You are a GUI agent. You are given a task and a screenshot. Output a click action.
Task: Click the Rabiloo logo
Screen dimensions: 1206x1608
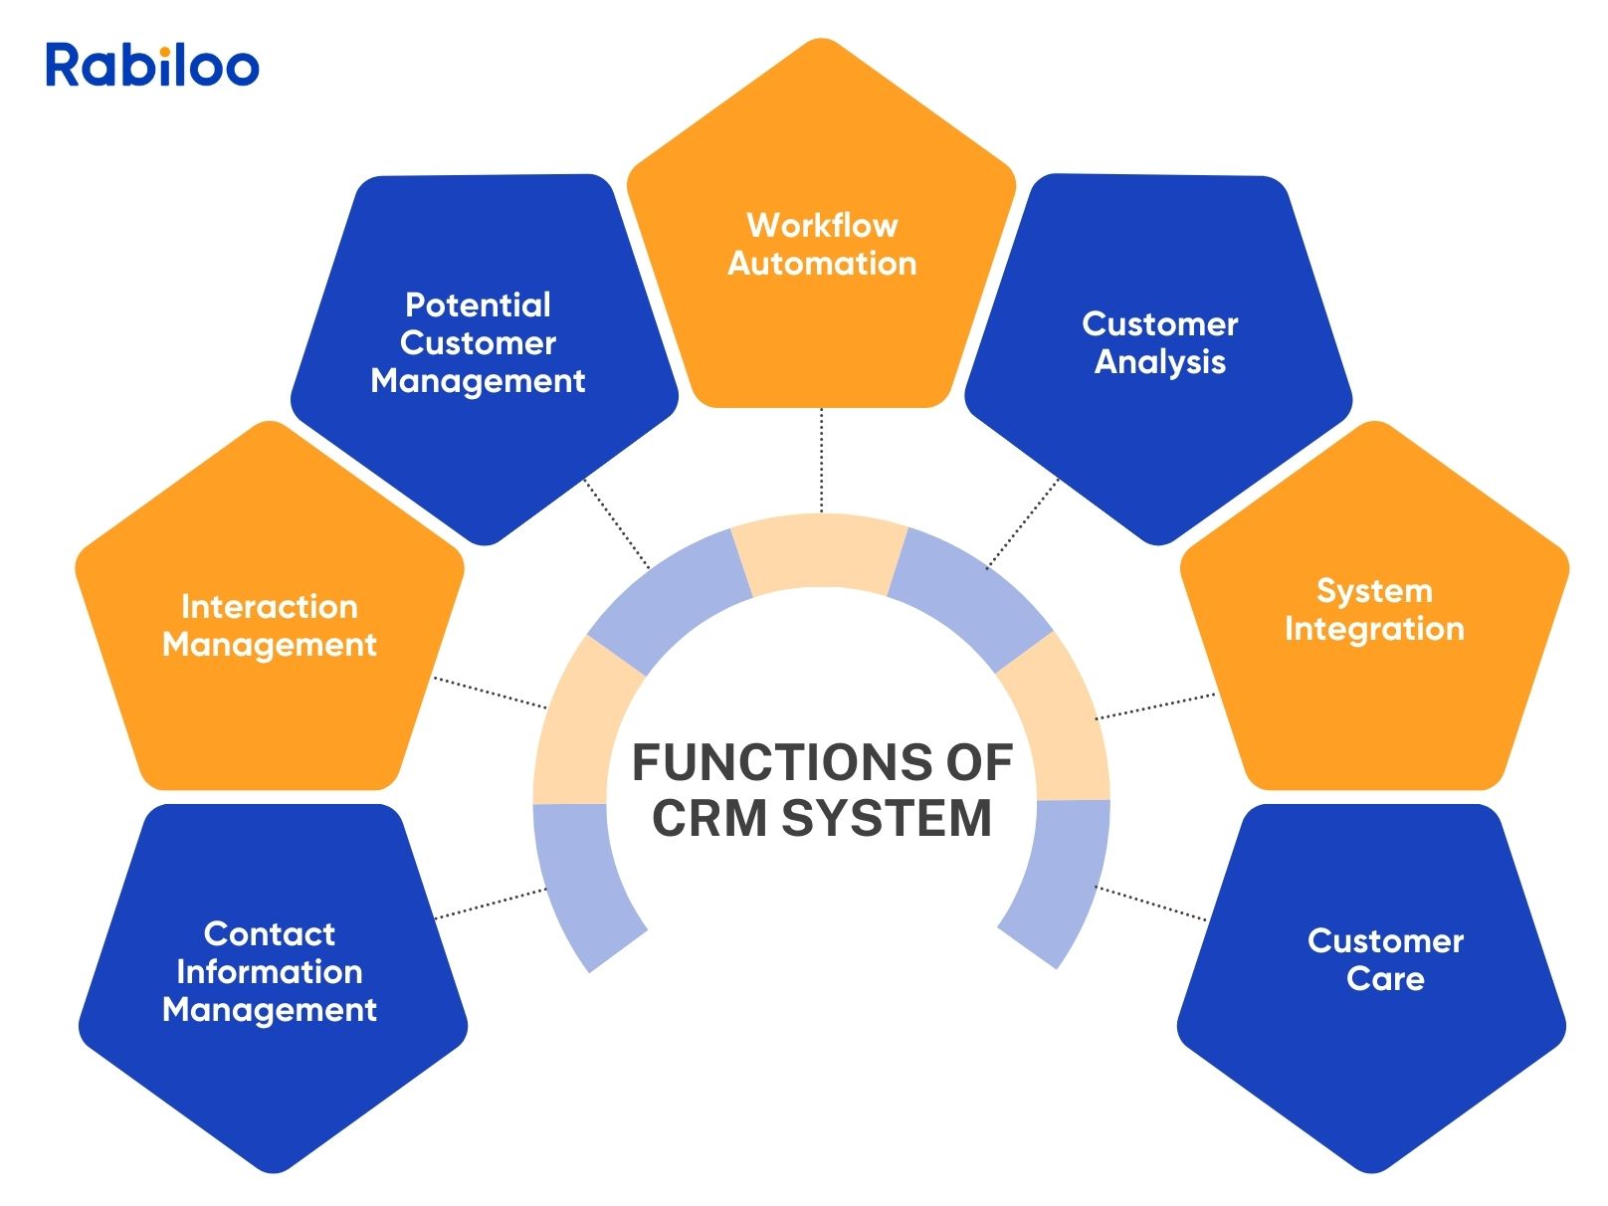152,65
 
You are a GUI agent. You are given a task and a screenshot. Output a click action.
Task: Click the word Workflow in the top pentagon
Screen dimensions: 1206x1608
822,225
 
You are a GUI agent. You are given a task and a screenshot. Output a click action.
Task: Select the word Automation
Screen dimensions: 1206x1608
822,264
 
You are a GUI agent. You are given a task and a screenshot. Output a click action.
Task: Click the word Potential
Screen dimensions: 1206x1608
478,304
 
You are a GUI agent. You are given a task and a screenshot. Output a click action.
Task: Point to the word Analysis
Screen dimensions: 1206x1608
1159,362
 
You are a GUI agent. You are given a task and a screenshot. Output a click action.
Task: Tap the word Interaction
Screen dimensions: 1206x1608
269,606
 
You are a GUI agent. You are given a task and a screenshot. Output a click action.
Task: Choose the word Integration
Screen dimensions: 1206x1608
1374,629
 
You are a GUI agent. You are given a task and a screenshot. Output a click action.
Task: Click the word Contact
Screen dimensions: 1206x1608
269,933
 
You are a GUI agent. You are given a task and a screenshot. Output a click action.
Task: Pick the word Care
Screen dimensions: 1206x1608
1385,979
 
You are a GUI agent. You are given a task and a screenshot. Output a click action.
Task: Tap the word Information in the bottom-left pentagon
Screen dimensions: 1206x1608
269,971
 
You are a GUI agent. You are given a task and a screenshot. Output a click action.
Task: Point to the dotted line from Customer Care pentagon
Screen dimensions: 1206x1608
1150,903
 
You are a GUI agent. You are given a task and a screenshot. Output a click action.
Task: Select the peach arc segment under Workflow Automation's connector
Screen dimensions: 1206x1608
820,553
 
